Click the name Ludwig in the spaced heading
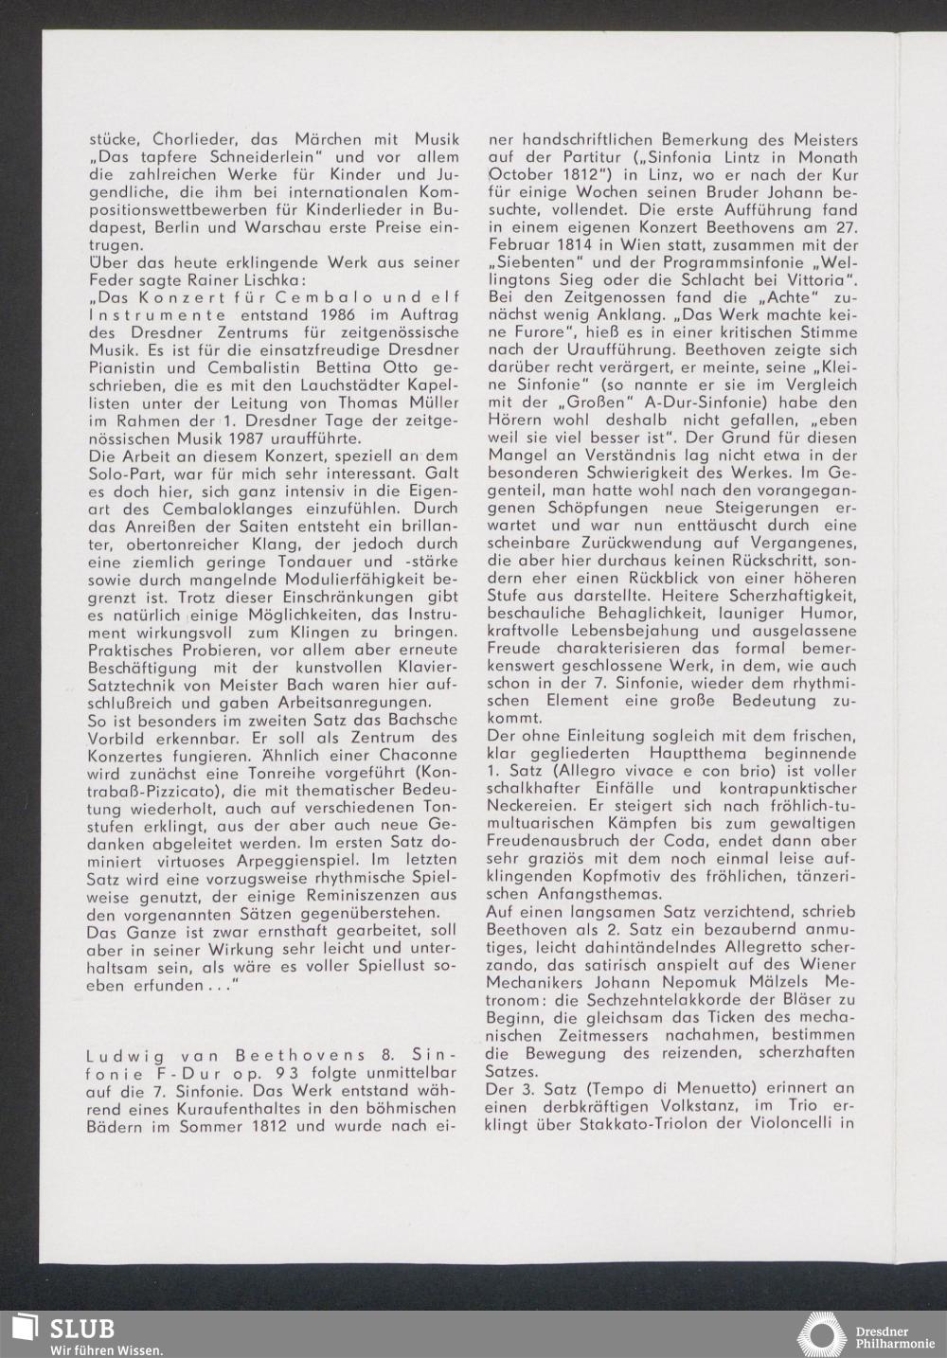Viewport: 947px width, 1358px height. click(x=114, y=1056)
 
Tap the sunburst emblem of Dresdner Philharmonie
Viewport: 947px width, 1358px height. click(x=820, y=1331)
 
